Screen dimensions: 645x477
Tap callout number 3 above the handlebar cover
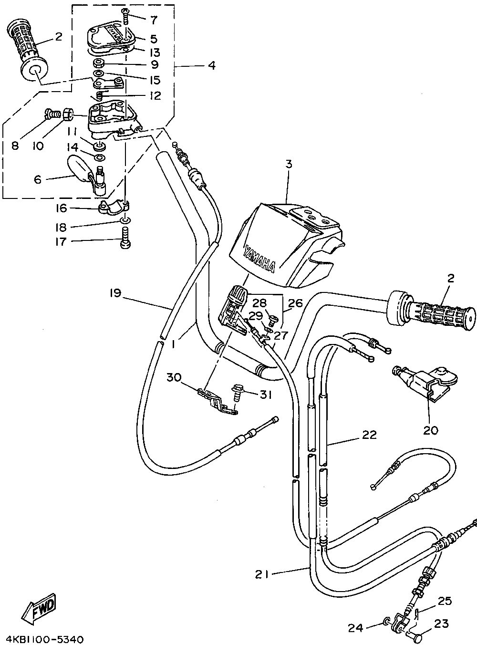point(288,165)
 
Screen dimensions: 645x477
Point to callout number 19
point(115,293)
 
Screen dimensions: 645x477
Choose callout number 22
point(370,435)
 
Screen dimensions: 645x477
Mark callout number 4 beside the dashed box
point(212,65)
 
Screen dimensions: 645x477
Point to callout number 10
point(38,146)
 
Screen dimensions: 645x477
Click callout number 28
point(259,303)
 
